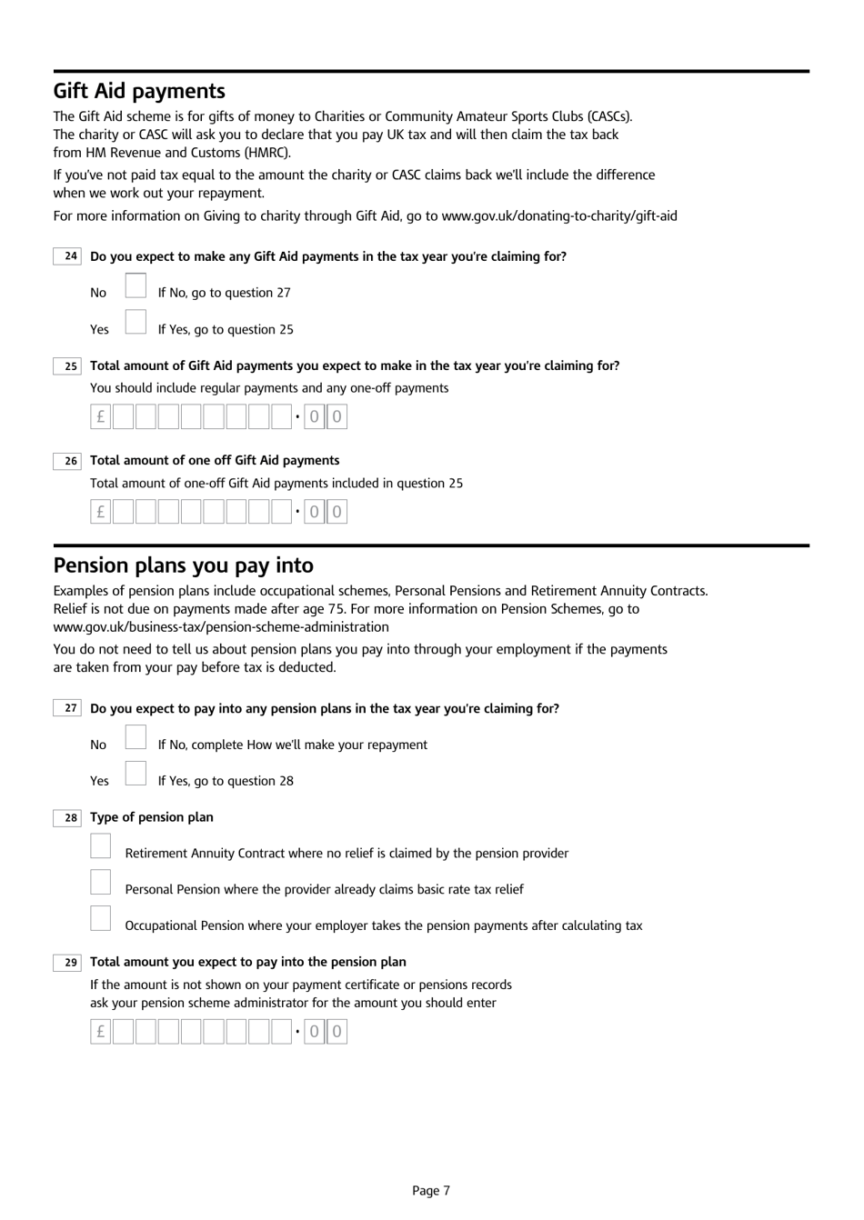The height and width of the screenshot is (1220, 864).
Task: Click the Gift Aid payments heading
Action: coord(139,91)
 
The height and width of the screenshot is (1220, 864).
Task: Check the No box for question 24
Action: coord(136,285)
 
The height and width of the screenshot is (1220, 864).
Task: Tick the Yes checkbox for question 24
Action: coord(136,322)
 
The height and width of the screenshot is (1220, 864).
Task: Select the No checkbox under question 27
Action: coord(136,737)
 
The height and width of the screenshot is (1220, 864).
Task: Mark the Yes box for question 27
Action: coord(136,774)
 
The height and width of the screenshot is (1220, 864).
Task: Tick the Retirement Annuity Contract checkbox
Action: coord(101,846)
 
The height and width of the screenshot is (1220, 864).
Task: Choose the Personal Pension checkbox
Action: coord(101,883)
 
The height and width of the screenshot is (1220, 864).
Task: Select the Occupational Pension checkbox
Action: coord(101,919)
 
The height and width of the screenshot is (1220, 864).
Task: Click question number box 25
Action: coord(68,366)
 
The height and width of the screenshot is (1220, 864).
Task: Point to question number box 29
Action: coord(68,963)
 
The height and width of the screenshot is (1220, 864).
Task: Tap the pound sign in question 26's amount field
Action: coord(101,512)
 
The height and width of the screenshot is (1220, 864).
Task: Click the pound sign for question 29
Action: coord(101,1032)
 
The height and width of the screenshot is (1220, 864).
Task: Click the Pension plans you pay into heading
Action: coord(183,565)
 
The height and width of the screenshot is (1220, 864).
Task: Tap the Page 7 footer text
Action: coord(431,1191)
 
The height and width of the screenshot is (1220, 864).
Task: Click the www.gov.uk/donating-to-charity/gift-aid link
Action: coord(559,216)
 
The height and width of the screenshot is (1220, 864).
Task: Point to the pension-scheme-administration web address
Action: coord(221,627)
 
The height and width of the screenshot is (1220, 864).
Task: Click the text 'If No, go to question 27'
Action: coord(224,293)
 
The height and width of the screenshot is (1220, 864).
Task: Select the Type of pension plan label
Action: coord(152,817)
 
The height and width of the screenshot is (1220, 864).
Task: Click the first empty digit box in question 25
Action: coord(124,417)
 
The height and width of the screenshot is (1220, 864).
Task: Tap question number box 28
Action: coord(68,818)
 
